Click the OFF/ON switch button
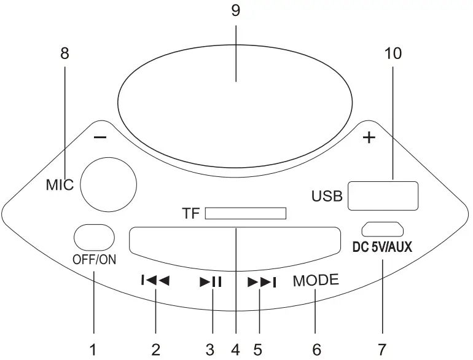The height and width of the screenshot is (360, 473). (94, 237)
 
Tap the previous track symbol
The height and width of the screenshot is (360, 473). (155, 281)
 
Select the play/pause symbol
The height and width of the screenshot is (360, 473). (211, 282)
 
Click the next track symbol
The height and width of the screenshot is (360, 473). (262, 282)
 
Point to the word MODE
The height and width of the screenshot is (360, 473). (316, 281)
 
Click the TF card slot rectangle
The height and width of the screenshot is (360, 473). (246, 213)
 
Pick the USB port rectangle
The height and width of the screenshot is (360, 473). (383, 195)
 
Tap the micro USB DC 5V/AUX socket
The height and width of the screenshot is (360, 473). (382, 229)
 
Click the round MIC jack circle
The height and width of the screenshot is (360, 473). (108, 182)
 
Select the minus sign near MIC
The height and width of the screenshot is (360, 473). (101, 138)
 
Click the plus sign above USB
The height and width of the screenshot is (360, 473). (369, 138)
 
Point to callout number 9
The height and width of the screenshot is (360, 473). (235, 10)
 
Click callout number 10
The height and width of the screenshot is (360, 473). (393, 54)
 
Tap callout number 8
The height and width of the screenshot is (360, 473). (64, 54)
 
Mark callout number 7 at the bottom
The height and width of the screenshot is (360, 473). (382, 350)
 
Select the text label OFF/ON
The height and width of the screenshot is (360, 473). (94, 259)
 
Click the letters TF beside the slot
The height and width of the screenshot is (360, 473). (191, 214)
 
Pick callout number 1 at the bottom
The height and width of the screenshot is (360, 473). (93, 350)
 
